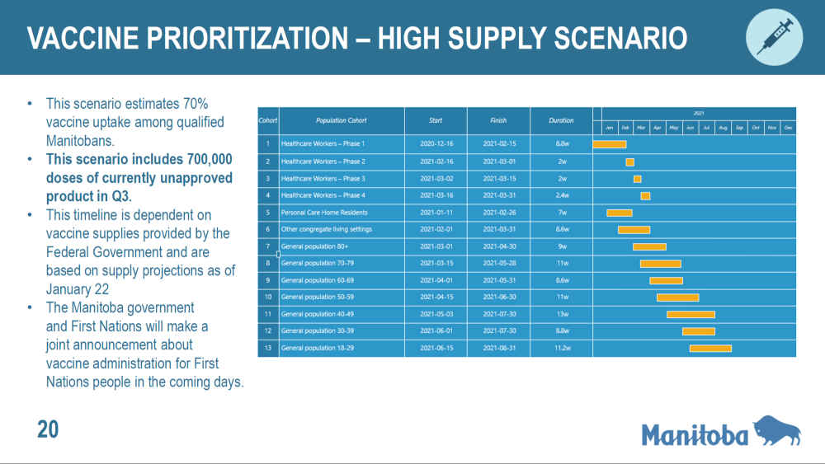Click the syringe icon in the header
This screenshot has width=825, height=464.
click(x=775, y=37)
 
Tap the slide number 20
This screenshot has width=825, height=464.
click(x=48, y=429)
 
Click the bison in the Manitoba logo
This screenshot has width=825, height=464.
click(x=776, y=430)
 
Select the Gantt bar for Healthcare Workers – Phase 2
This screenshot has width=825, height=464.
click(x=630, y=162)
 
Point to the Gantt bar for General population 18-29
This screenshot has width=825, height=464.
click(x=710, y=348)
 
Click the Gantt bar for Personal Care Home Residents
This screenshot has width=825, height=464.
click(x=619, y=213)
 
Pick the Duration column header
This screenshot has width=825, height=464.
click(x=561, y=120)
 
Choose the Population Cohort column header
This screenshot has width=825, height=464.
click(x=341, y=120)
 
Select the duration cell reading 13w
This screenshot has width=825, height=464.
click(x=561, y=314)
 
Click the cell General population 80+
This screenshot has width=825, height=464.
click(x=314, y=246)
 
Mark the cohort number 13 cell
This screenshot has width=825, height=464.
click(x=268, y=348)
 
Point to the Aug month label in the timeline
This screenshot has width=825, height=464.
click(x=723, y=128)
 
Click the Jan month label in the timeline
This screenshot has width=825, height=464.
click(x=610, y=128)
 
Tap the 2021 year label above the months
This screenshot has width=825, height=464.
click(x=699, y=113)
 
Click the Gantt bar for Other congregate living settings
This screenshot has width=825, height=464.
click(x=634, y=229)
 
